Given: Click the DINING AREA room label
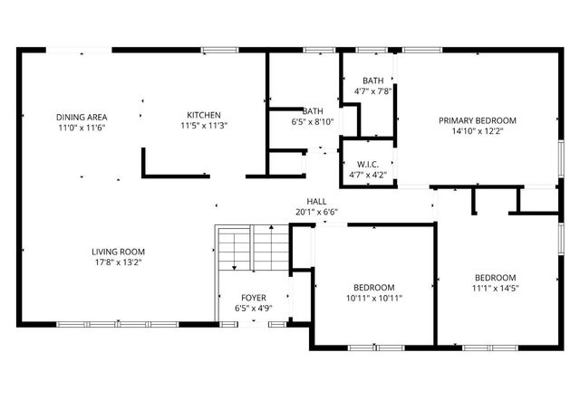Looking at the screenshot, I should [x=82, y=117].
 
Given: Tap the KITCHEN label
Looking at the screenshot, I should [x=204, y=115].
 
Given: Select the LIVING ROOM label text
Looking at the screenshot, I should [x=118, y=252].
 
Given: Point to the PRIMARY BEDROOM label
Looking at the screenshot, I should [x=478, y=120].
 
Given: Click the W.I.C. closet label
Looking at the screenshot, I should [x=368, y=164].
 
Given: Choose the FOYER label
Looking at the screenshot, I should [x=254, y=298].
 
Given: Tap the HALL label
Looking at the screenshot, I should [x=316, y=202].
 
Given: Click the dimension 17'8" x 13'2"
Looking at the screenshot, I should [x=118, y=262].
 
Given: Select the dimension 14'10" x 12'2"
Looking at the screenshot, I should [x=478, y=131].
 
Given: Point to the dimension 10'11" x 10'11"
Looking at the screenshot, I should [x=373, y=298].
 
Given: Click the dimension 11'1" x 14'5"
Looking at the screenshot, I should [x=496, y=289].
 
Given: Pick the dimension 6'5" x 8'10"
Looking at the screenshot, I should [x=313, y=122].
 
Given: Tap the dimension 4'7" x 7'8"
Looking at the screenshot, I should [x=372, y=90].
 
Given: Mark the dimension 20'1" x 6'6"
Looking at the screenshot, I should [x=316, y=213].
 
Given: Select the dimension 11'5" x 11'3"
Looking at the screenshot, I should [x=204, y=126].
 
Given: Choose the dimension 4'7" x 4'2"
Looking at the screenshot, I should [x=368, y=175].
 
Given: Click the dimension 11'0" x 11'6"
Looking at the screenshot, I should [x=82, y=128].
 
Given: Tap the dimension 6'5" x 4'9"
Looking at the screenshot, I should [x=254, y=309].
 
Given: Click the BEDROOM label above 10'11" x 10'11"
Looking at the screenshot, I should [x=373, y=287].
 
